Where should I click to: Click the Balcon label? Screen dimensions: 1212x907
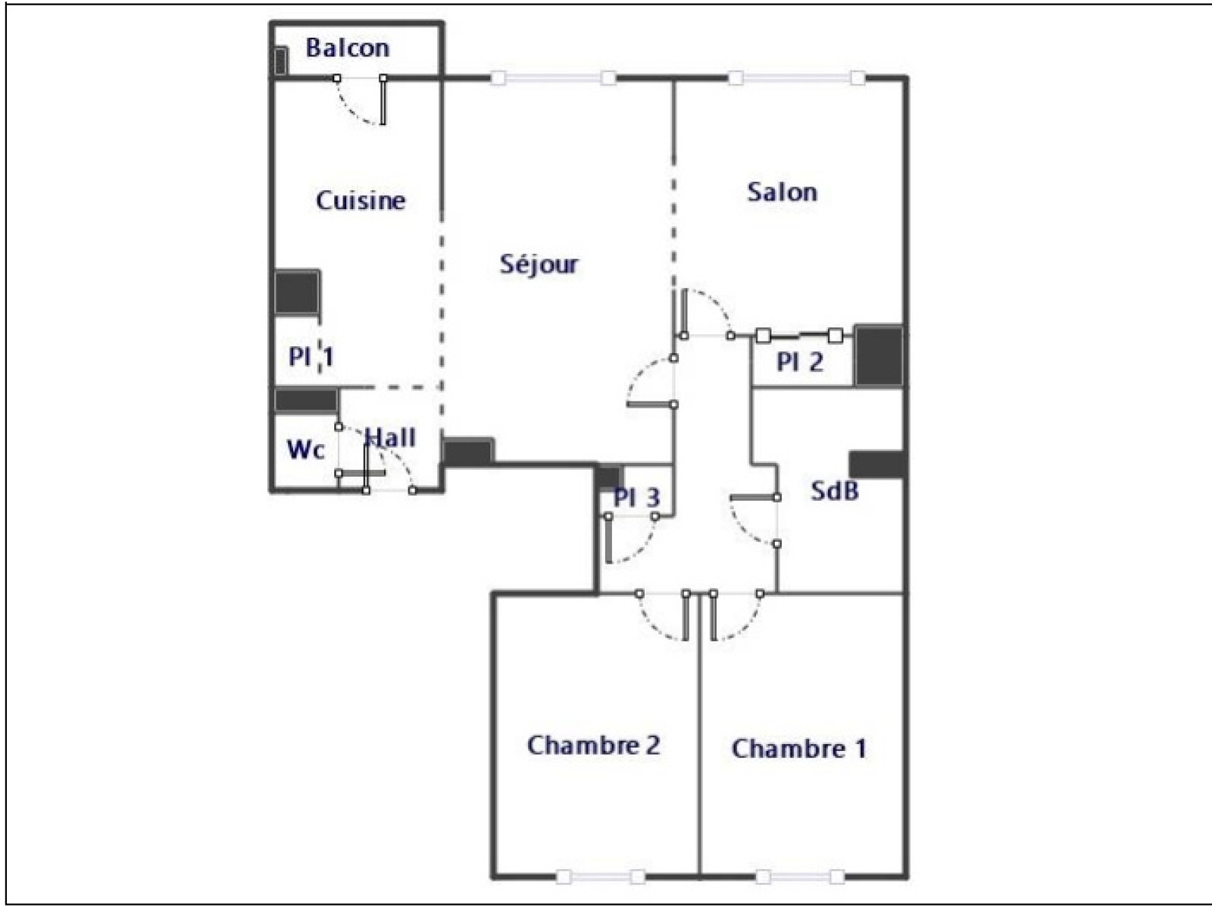point(348,48)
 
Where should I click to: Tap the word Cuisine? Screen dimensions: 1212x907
point(361,200)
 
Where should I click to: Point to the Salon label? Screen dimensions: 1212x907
point(782,192)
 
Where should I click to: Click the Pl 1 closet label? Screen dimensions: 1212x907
point(311,357)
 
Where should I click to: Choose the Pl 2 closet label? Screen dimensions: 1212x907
point(800,362)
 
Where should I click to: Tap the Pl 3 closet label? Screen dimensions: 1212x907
point(636,498)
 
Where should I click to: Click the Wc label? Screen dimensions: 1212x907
point(305,449)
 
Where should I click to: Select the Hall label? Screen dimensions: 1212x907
point(391,438)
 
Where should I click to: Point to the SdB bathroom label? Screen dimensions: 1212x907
point(835,490)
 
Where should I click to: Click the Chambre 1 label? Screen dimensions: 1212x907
point(799,749)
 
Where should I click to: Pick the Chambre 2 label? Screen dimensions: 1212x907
point(594,745)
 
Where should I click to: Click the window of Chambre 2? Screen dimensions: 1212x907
point(601,877)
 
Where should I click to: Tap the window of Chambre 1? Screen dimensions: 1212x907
point(801,877)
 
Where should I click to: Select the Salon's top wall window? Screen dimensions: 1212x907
point(796,79)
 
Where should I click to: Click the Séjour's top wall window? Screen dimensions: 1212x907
point(553,79)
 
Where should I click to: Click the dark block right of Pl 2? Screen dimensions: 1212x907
point(879,355)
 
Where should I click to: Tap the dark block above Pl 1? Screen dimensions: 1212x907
point(297,292)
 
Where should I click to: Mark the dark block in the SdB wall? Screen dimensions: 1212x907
point(877,464)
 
